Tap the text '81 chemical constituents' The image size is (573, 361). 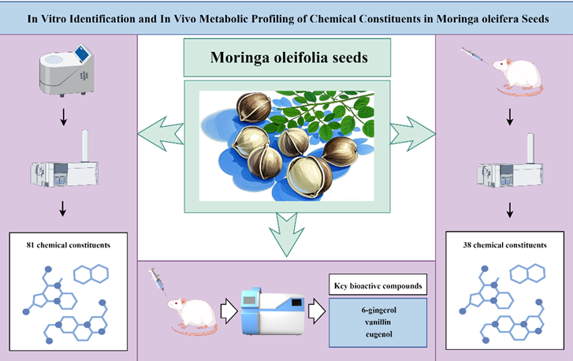click(x=69, y=245)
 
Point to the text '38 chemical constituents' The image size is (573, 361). click(x=504, y=245)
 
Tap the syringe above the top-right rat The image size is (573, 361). click(x=474, y=54)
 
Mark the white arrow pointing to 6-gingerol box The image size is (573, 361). click(x=316, y=310)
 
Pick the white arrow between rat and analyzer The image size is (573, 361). click(x=227, y=311)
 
